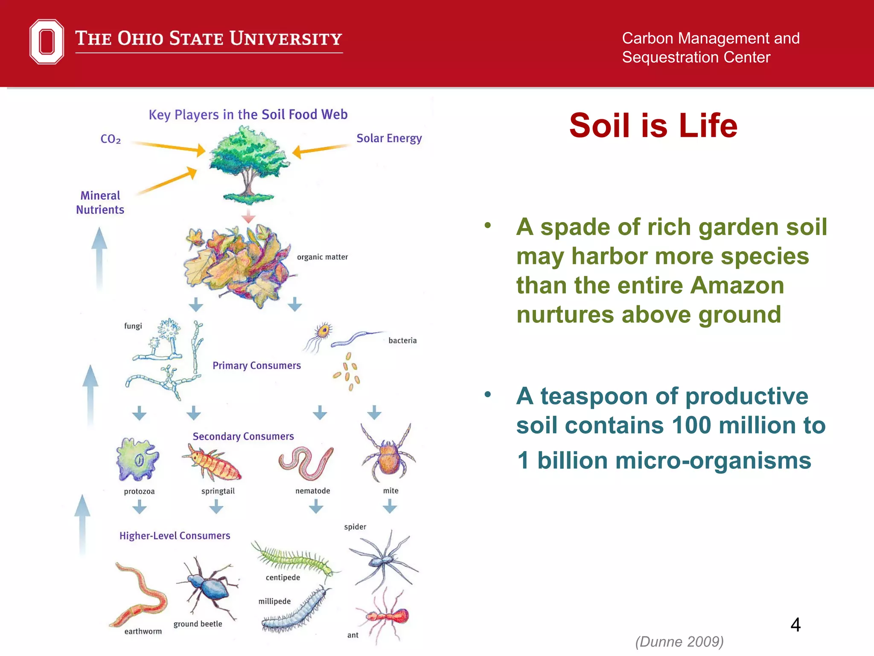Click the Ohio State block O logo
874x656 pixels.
pos(47,42)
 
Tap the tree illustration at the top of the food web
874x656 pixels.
pos(248,162)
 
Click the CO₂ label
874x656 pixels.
pos(111,139)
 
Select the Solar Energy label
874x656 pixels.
pos(389,138)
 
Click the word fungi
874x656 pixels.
pos(133,326)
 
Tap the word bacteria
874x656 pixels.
pos(402,340)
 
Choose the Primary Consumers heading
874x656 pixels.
pos(256,366)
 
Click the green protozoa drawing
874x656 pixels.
pos(137,460)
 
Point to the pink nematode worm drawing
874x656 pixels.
pos(306,463)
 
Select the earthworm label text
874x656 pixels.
pos(143,631)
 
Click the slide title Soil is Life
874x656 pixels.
pos(653,126)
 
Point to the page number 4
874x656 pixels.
pos(795,625)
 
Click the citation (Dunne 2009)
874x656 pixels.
pos(679,641)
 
